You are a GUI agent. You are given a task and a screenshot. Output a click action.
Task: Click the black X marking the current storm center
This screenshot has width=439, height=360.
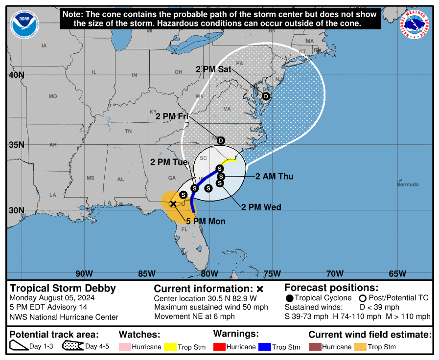(x=173, y=203)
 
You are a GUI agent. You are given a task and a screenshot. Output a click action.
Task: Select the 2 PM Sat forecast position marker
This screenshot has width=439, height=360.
(x=266, y=96)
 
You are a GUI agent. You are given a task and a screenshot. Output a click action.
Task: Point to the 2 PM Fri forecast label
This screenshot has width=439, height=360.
(x=172, y=116)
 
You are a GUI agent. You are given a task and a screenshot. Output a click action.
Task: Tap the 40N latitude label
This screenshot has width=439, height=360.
(x=16, y=75)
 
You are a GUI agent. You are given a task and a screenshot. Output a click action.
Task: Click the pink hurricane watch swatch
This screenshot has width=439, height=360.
(x=125, y=347)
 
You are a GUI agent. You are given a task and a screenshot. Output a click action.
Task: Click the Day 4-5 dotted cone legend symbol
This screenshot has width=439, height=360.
(x=73, y=347)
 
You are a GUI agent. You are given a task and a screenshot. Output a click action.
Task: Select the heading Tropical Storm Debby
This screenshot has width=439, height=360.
(x=63, y=288)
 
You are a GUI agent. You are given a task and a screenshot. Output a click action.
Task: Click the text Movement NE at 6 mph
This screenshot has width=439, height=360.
(x=194, y=316)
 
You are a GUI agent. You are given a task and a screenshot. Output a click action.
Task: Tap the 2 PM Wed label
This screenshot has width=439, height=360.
(x=261, y=207)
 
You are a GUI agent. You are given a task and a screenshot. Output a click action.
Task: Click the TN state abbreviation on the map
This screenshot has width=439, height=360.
(x=128, y=131)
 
